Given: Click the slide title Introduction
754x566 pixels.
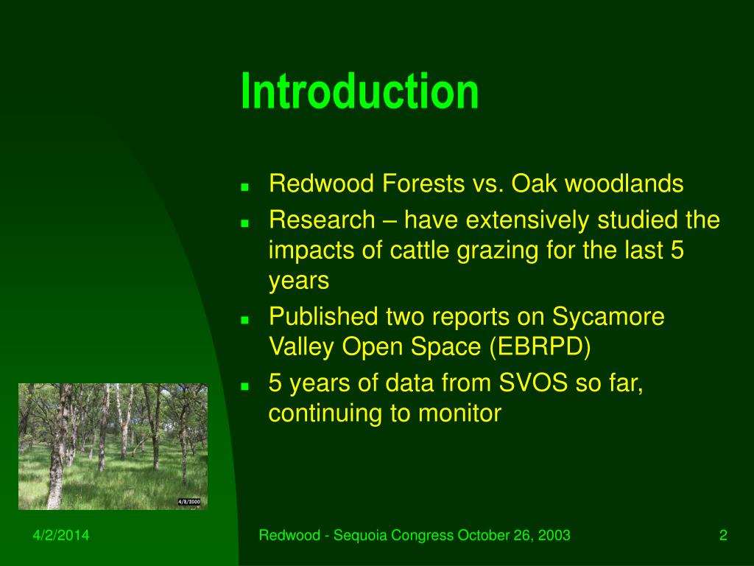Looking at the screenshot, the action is [x=359, y=91].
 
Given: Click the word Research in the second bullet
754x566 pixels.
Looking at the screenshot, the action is [x=322, y=220].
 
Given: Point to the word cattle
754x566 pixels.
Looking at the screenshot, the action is [x=420, y=251].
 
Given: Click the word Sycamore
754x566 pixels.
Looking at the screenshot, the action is [x=608, y=317].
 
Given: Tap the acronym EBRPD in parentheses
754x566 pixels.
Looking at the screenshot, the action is [x=540, y=347].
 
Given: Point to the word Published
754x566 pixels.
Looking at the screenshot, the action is [x=323, y=317].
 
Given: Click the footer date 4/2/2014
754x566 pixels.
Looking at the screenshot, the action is [x=61, y=535].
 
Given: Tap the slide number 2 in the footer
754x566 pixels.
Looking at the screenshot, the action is [x=723, y=535].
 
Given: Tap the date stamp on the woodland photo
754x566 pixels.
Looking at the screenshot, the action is [x=189, y=502].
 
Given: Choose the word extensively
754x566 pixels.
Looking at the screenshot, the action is [x=527, y=220].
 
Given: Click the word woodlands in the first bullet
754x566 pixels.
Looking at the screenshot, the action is [x=624, y=184].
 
